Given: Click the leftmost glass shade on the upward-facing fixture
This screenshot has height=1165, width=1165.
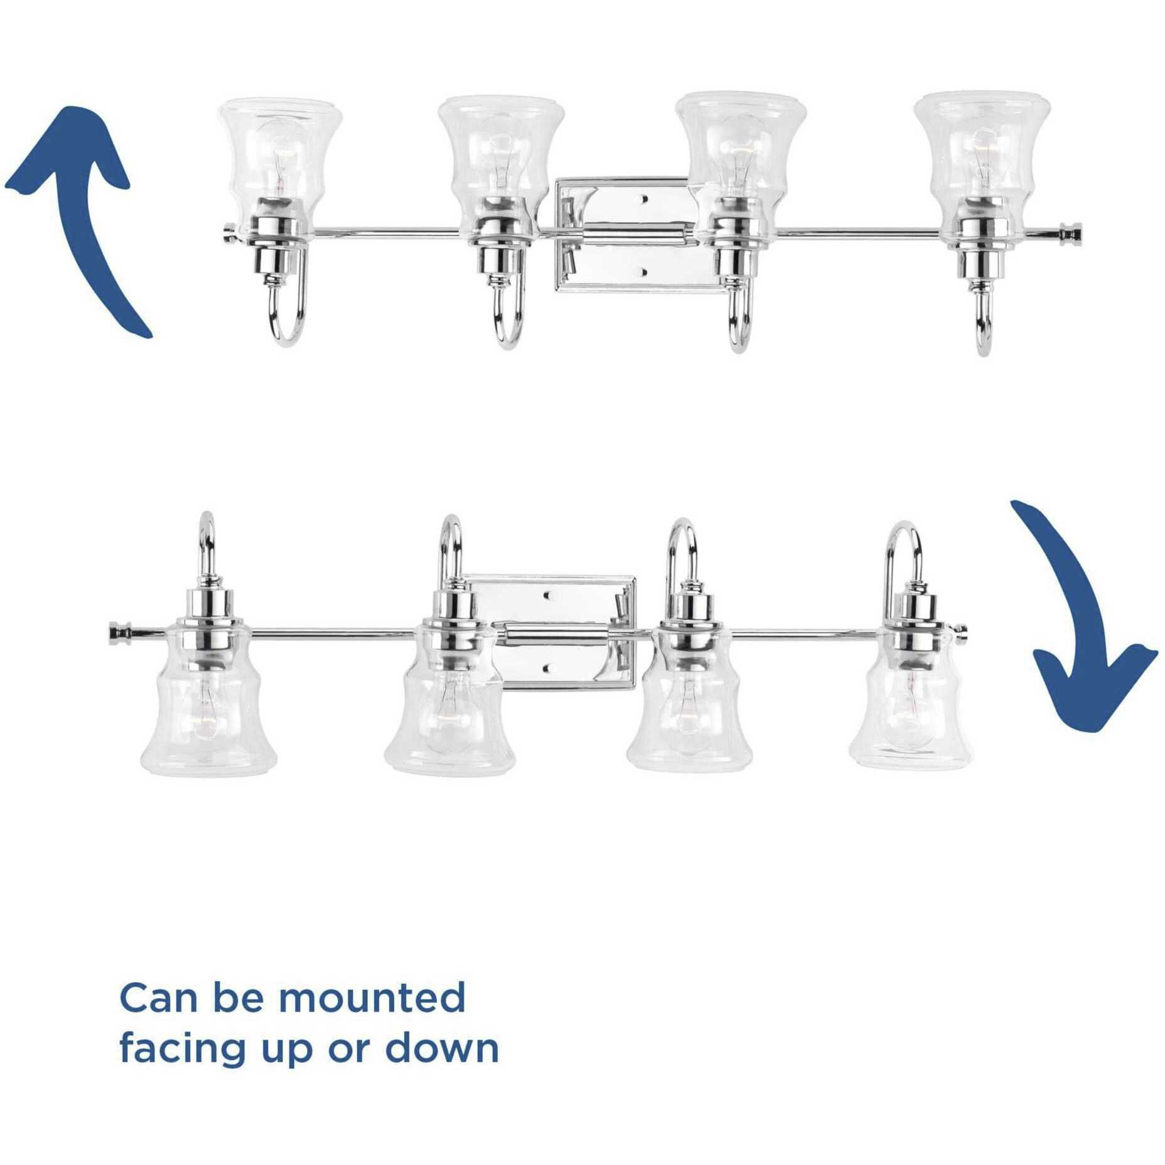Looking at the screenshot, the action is pos(280,154).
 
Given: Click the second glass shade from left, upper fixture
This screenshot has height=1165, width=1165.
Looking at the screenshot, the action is pos(501,154).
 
